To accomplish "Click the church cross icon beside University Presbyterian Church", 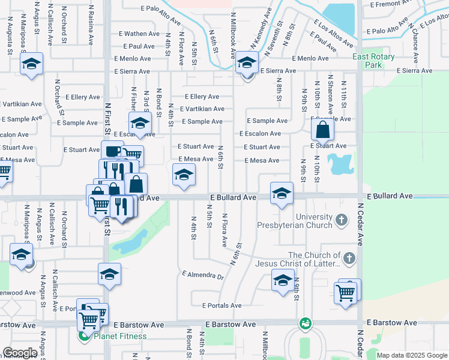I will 342,220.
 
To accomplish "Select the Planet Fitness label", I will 120,336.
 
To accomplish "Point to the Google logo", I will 20,353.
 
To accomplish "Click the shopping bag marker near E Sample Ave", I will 322,128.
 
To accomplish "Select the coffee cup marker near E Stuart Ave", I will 112,151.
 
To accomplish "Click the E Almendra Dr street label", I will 202,276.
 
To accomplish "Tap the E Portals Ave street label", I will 222,305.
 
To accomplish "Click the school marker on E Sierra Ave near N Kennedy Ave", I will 246,62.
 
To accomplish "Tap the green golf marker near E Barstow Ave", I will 306,323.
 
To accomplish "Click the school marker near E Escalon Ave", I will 140,124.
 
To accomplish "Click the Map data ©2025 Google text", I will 411,355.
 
